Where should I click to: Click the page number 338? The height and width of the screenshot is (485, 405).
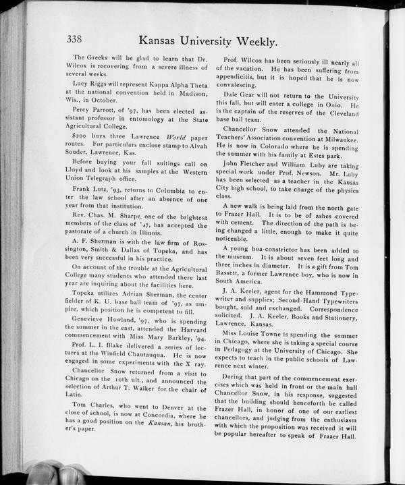coord(78,39)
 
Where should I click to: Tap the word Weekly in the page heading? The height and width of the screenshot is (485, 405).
coord(251,42)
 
